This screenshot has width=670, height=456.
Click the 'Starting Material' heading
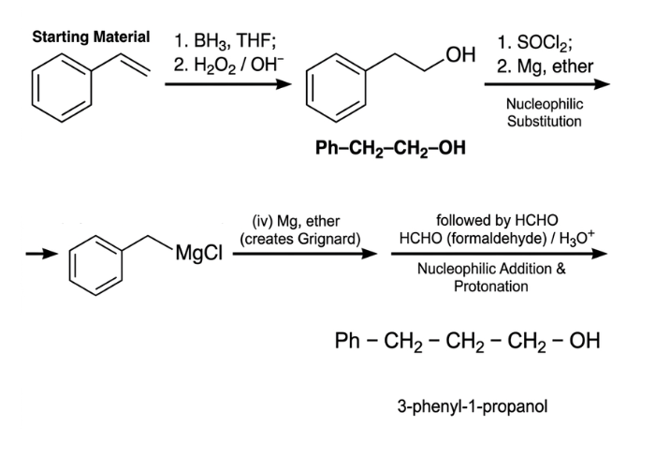coord(91,37)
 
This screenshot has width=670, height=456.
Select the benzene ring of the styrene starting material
coord(33,88)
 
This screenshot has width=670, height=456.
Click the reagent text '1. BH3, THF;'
coord(225,41)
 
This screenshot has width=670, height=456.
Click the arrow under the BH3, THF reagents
coord(228,84)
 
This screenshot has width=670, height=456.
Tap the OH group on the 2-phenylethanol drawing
coord(460,54)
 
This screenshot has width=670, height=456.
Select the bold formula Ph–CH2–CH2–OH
coord(390,148)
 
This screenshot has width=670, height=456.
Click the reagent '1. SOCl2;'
coord(535,42)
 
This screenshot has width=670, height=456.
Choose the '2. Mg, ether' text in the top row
coord(545,66)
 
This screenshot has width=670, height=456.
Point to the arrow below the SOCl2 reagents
coord(546,84)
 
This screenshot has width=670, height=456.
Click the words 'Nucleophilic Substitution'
coord(545,112)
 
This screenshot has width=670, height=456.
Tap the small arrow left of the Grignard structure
coord(41,255)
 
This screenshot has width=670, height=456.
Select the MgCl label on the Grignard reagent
coord(198,253)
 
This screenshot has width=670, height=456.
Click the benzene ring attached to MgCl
coord(70,265)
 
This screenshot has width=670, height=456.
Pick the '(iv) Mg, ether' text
coord(296,221)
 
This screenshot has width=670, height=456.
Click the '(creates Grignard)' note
coord(300,239)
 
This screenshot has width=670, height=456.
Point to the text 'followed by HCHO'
coord(497,220)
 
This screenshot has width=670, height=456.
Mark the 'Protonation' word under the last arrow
coord(491,286)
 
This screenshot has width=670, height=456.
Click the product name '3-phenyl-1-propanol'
coord(473,406)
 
